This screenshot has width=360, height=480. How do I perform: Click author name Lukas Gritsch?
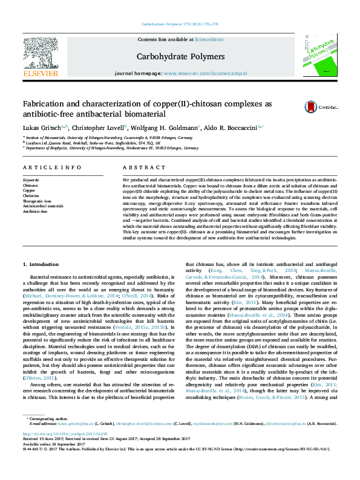42,128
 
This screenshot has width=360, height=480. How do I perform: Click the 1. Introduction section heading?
41,265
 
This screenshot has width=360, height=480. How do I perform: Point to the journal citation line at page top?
180,24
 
